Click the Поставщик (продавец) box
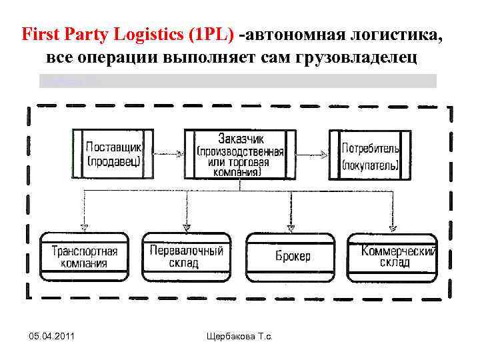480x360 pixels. coord(113,154)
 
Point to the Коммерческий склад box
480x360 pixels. coord(393,256)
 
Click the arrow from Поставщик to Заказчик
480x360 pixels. coord(169,154)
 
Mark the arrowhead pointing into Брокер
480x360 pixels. coord(289,227)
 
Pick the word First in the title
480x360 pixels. coord(39,34)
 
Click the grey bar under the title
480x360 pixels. coord(238,81)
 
